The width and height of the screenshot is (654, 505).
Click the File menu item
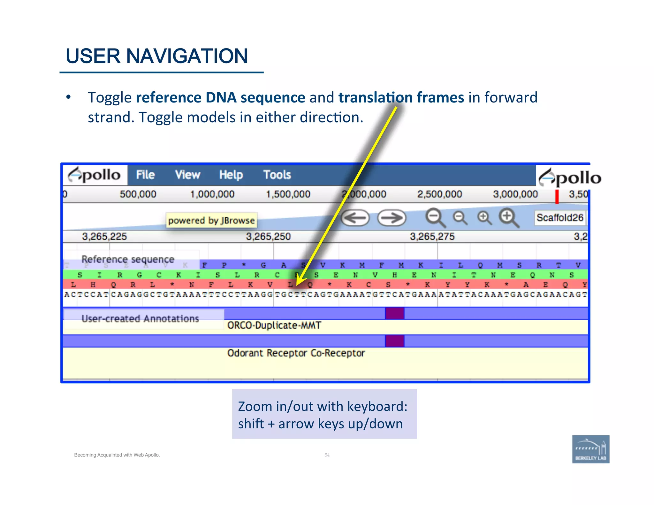click(145, 175)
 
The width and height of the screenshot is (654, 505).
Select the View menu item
click(187, 175)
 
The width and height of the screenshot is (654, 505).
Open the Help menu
click(231, 175)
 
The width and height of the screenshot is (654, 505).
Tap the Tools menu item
click(277, 175)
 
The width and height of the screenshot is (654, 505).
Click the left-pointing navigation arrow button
click(355, 218)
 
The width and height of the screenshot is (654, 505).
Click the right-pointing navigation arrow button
click(392, 218)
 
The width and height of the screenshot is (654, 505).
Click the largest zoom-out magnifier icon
click(435, 217)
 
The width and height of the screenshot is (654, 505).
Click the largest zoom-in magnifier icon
click(508, 217)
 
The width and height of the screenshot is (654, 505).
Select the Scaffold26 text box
click(560, 218)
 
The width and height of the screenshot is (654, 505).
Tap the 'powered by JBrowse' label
click(211, 220)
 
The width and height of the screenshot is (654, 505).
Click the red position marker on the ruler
click(557, 196)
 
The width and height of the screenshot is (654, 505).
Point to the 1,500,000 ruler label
click(288, 194)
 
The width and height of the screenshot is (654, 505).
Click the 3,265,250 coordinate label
click(268, 237)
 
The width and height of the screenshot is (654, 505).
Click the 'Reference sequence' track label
click(128, 259)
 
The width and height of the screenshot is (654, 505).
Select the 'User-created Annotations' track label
click(140, 319)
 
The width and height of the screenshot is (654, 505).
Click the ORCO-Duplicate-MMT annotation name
click(274, 325)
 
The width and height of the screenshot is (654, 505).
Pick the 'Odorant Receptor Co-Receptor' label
click(296, 353)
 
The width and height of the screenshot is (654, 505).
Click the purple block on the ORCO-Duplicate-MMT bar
click(394, 313)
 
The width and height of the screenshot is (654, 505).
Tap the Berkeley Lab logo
click(590, 449)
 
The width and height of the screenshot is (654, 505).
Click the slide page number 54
click(327, 455)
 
